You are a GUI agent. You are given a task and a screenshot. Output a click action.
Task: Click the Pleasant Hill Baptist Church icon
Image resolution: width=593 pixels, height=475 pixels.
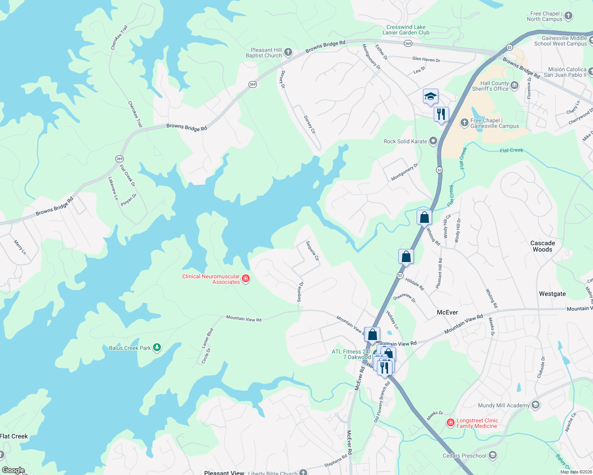click(288, 52)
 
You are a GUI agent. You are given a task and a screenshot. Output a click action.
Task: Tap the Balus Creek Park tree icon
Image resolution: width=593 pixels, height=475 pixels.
click(157, 348)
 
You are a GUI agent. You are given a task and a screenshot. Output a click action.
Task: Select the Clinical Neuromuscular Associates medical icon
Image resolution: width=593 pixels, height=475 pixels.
click(246, 279)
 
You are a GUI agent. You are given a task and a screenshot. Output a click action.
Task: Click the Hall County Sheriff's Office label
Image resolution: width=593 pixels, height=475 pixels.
click(494, 86)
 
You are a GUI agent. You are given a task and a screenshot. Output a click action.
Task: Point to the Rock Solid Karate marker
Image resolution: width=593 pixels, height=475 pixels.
click(433, 141)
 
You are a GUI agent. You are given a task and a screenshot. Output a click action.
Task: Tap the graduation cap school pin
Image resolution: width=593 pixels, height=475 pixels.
click(430, 96)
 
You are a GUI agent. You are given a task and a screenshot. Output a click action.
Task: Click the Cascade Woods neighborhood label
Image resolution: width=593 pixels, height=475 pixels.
click(543, 246)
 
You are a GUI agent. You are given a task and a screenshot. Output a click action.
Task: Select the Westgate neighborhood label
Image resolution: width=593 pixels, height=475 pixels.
click(552, 294)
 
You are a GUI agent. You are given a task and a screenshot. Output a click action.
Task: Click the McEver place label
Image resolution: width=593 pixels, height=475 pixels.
click(447, 312)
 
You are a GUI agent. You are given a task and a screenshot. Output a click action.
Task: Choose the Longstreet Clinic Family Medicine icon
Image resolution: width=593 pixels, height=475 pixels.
click(450, 423)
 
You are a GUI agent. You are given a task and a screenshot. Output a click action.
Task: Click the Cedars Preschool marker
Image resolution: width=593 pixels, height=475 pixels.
click(492, 455)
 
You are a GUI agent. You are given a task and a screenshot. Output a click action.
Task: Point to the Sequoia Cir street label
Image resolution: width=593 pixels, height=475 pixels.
click(313, 251)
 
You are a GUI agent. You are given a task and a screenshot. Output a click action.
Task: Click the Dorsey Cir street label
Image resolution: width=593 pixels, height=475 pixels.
click(310, 125)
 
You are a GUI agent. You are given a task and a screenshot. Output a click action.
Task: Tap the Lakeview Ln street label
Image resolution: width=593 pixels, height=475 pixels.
click(113, 188)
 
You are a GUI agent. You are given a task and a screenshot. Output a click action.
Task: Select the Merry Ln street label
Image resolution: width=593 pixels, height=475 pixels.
click(20, 247)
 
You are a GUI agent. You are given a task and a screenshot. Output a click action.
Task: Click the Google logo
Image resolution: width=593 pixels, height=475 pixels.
click(13, 470)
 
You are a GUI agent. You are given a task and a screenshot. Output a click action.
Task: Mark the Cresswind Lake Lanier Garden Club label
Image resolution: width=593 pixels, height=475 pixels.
click(406, 30)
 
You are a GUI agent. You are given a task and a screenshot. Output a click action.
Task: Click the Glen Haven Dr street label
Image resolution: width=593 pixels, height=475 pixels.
click(426, 59)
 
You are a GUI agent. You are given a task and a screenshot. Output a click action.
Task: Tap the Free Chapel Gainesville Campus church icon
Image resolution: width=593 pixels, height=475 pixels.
click(464, 123)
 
